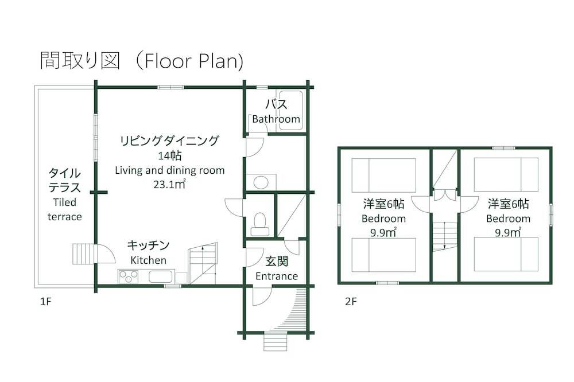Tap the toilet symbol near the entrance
[260, 223]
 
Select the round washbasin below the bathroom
[261, 182]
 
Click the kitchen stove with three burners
[129, 276]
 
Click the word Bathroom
[276, 119]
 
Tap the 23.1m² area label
[169, 185]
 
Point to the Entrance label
[277, 276]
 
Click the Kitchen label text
[148, 260]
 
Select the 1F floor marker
[45, 301]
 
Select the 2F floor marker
[351, 301]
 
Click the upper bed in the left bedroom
[383, 175]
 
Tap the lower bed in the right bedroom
[506, 254]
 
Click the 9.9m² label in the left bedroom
[383, 232]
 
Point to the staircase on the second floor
[444, 236]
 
